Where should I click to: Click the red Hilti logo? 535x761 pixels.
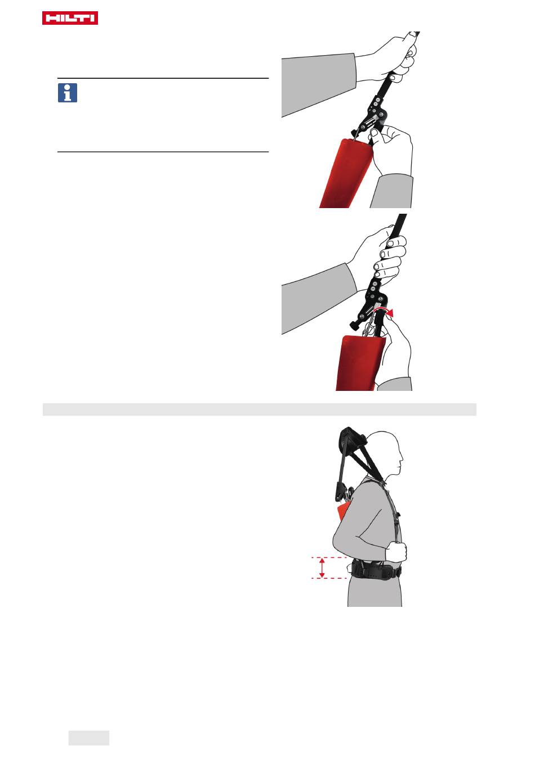tap(70, 18)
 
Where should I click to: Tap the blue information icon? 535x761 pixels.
tap(68, 93)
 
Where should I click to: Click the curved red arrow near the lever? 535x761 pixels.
tap(384, 311)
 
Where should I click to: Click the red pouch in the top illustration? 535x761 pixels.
tap(345, 173)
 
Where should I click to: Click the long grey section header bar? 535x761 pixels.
tap(259, 409)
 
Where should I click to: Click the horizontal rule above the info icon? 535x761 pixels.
tap(163, 78)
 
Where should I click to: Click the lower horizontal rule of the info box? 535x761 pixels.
tap(163, 152)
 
